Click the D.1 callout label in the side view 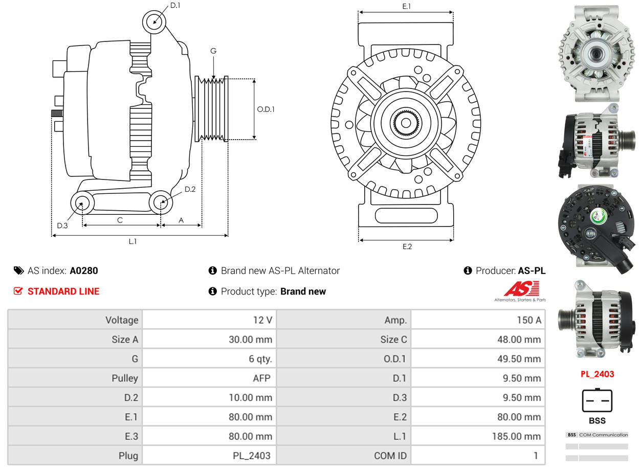[x=175, y=6]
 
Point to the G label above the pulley [x=213, y=51]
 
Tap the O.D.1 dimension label [x=266, y=109]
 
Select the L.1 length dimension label [x=132, y=241]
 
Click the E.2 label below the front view [x=407, y=246]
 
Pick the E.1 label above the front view [x=407, y=6]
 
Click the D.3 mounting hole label [x=62, y=226]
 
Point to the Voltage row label [x=122, y=320]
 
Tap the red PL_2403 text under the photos [x=597, y=374]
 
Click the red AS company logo [x=521, y=289]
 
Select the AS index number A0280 [x=84, y=271]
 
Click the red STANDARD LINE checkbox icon [x=18, y=291]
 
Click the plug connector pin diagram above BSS [x=597, y=400]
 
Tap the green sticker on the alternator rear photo [x=599, y=216]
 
